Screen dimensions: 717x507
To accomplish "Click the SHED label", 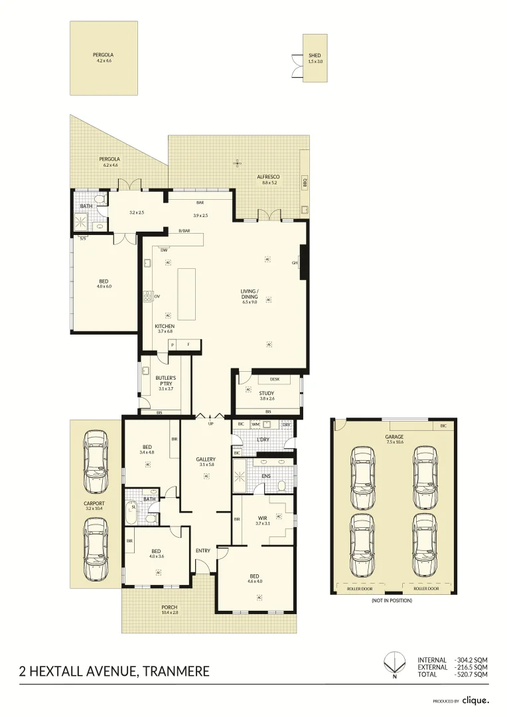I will (315, 56).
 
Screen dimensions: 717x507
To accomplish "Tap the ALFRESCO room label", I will (269, 177).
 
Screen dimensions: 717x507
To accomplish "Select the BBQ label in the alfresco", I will (305, 181).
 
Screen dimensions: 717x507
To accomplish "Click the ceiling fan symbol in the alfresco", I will (236, 162).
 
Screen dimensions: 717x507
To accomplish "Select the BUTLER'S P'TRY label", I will (165, 380).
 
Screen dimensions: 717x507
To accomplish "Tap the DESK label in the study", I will (275, 379).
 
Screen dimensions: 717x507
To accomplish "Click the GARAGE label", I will (394, 437).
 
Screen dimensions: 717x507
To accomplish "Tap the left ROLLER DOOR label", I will (362, 588).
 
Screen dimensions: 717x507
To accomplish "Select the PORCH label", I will (170, 607).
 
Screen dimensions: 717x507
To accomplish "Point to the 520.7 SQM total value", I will (472, 674).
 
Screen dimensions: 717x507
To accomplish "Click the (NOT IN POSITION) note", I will (393, 600).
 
